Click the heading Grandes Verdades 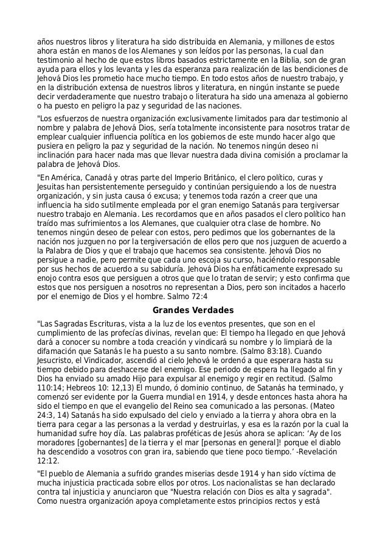click(x=193, y=311)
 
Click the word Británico click(x=230, y=178)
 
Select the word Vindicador click(x=111, y=361)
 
